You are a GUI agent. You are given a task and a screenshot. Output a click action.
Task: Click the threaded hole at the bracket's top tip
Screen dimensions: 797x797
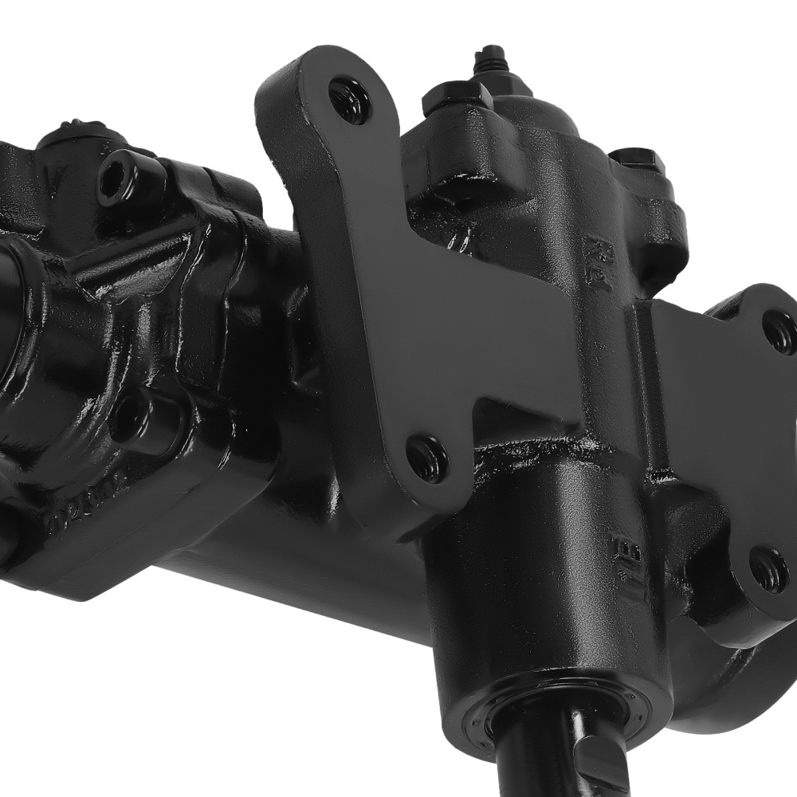point(348,100)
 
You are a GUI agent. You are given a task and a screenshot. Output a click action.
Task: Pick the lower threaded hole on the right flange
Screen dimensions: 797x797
point(770,567)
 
